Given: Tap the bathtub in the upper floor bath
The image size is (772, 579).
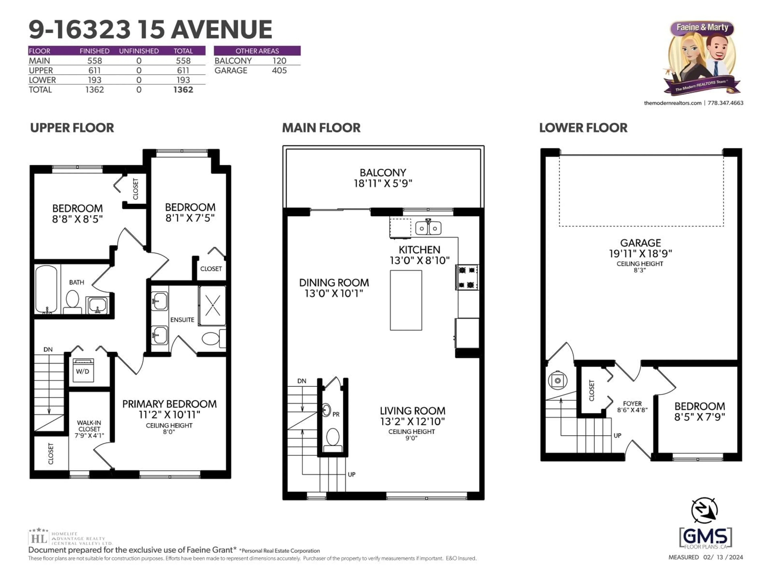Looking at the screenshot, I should tap(46, 289).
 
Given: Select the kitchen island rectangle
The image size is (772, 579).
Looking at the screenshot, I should tap(406, 300).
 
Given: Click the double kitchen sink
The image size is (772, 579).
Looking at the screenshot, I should tap(428, 228).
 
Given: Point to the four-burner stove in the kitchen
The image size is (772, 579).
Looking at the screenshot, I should tap(467, 277).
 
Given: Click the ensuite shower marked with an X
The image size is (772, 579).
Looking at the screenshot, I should tap(212, 305).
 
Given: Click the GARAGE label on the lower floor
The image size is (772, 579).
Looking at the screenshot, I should tap(641, 243).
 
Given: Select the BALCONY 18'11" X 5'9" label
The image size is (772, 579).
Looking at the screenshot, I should tap(383, 178).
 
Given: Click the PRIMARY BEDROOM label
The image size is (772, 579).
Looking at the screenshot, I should tap(169, 404).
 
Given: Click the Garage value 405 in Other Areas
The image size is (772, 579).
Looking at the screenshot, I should tap(279, 71).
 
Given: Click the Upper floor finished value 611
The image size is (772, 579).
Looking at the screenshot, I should tap(94, 71).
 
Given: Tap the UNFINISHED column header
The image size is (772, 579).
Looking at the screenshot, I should tap(139, 51).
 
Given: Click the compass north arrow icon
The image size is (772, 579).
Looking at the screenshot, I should tap(704, 510).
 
